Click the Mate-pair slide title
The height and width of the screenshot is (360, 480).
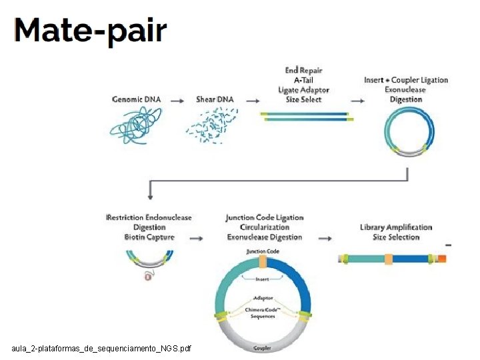pos(90,31)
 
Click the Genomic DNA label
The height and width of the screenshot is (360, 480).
pos(137,100)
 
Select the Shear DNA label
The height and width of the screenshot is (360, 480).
pos(215,100)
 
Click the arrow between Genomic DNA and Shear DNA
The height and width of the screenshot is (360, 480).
pos(177,101)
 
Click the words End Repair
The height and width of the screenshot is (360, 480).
pos(303,71)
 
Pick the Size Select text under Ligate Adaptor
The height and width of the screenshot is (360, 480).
pos(303,99)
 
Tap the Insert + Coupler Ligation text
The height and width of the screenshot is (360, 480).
pos(406,80)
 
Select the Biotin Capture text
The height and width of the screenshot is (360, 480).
pos(149,237)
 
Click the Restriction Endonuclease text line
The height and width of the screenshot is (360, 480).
pos(149,218)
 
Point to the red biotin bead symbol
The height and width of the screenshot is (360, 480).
pos(149,275)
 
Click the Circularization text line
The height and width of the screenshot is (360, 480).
pos(265,227)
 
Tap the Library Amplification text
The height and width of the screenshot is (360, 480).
pos(396,227)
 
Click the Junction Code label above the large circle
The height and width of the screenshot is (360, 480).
pos(263,252)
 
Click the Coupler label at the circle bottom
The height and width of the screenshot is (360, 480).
pos(262,348)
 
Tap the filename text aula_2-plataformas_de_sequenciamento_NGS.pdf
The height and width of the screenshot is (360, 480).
pos(101,349)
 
